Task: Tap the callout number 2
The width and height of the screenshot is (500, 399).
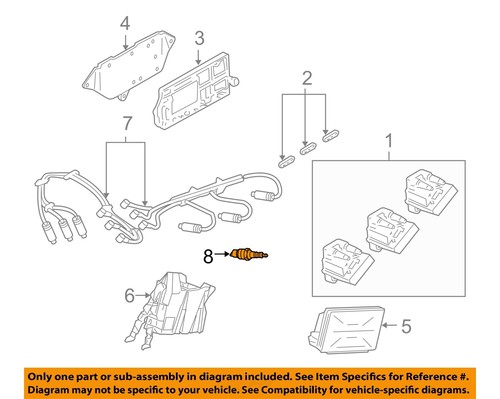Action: [x=308, y=77]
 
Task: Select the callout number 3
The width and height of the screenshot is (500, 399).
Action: [x=199, y=38]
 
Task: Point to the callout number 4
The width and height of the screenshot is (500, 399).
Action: [x=125, y=22]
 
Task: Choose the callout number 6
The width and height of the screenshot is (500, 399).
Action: [x=129, y=295]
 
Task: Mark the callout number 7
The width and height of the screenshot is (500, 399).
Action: [x=125, y=124]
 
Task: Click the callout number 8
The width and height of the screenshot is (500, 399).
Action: [x=209, y=256]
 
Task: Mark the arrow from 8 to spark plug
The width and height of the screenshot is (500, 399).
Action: [x=222, y=256]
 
